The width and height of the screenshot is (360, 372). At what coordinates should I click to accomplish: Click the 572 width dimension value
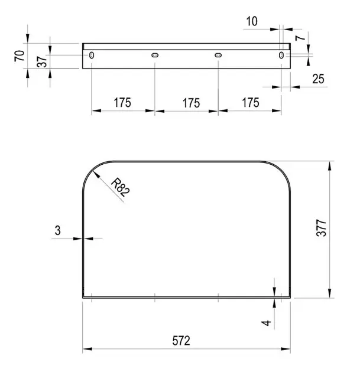coord(181,341)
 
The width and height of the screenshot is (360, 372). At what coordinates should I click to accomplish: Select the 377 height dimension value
coord(322,228)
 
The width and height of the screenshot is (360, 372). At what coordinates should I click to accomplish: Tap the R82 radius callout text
coord(121,187)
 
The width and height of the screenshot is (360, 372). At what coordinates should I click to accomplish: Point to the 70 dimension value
coord(20,56)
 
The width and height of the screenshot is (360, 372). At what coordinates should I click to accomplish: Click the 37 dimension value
coord(42,61)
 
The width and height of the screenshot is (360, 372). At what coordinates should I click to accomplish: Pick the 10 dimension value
coord(252,21)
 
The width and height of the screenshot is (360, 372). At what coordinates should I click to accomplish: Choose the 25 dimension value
coord(318,79)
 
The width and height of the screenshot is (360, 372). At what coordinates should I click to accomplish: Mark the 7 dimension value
coord(300,37)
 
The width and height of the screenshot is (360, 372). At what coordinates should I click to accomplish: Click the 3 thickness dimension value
coord(58,230)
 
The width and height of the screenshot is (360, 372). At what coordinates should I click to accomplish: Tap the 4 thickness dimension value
coord(266,323)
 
